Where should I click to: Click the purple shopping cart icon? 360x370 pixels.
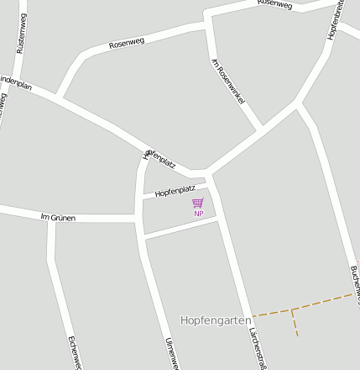(x=198, y=203)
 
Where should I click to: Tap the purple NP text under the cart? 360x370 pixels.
(x=199, y=214)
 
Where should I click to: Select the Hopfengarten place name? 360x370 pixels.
(x=216, y=320)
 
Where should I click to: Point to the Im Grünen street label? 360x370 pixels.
(x=58, y=217)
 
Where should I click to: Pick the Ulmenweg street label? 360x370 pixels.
(x=171, y=353)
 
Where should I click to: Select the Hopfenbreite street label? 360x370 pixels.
(x=335, y=20)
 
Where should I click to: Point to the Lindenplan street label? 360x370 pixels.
(x=15, y=82)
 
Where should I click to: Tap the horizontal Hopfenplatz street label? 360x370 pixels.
(x=175, y=190)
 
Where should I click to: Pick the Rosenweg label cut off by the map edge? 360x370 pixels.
(x=275, y=4)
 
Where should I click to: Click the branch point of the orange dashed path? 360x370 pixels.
(x=291, y=309)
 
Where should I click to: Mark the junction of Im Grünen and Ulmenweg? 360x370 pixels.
(x=137, y=219)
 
